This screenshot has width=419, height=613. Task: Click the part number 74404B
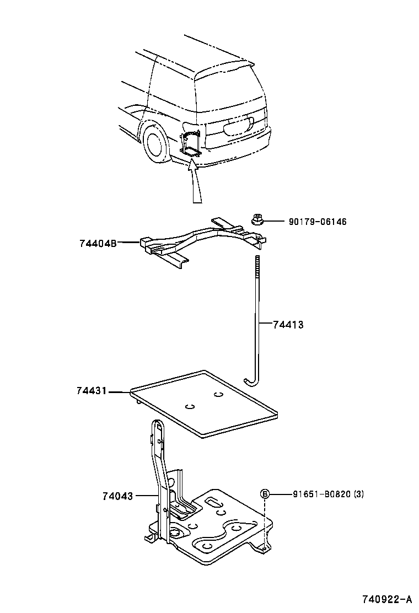tap(97, 243)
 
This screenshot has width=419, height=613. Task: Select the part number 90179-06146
tap(317, 222)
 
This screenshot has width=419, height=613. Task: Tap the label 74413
tap(288, 325)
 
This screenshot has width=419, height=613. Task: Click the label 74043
tap(117, 496)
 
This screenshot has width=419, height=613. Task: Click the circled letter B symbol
tap(265, 494)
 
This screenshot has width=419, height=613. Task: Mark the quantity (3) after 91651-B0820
tap(358, 494)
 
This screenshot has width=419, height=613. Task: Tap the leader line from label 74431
tap(119, 392)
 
